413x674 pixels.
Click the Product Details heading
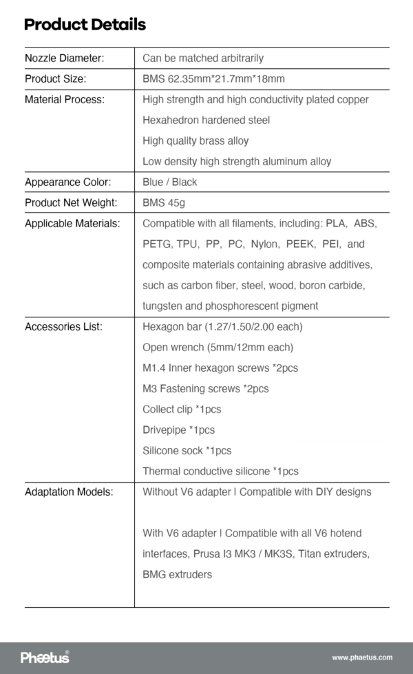coord(85,25)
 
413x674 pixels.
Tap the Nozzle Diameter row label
coord(64,59)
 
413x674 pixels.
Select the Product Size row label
coord(55,79)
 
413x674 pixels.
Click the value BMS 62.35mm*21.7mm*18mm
coord(213,79)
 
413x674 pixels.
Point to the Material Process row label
coord(65,100)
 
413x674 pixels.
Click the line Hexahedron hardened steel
coord(206,120)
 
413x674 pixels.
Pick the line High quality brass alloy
coord(195,141)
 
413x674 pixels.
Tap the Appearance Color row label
coord(67,182)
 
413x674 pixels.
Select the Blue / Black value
coord(169,182)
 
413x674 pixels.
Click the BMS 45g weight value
coord(164,203)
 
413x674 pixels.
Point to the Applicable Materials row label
coord(72,224)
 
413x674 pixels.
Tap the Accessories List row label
coord(63,327)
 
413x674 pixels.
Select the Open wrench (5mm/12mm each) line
coord(218,348)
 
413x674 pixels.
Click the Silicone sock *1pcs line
coord(187,451)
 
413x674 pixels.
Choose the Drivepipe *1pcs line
coord(178,430)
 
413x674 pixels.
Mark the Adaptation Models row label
coord(69,492)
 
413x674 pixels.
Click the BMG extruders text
coord(177,575)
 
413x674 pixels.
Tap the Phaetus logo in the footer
coord(45,657)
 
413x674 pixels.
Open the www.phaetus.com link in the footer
coord(362,658)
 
